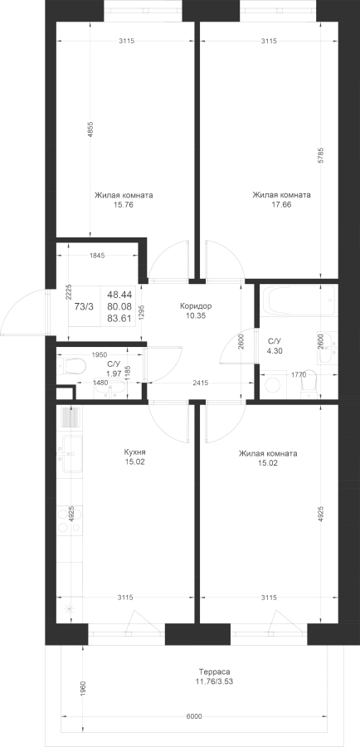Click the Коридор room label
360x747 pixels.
pos(196,305)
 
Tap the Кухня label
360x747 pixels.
pos(134,452)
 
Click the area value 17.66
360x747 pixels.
pos(281,205)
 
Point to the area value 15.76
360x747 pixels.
pos(124,205)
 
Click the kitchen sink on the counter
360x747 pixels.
pos(70,453)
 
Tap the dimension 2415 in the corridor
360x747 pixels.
pos(201,382)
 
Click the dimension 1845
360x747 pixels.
pos(97,256)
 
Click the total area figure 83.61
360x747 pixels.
pos(119,319)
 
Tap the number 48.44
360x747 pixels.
pos(119,295)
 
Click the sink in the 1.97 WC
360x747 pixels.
pos(110,390)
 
